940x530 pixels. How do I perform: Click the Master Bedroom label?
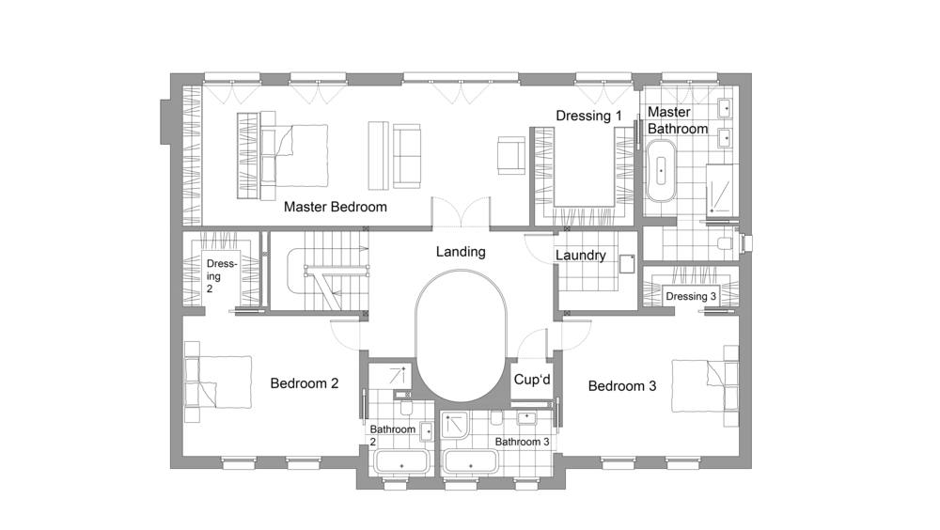[336, 207]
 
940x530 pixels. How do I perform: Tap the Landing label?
[461, 252]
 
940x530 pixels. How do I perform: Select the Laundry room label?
[580, 256]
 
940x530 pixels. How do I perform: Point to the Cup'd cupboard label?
[532, 380]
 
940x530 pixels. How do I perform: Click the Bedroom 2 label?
[305, 383]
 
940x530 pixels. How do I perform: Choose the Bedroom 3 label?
[622, 386]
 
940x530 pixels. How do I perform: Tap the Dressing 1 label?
[588, 116]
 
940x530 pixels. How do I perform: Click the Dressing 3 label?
[691, 296]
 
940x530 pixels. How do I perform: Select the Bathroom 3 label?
[522, 442]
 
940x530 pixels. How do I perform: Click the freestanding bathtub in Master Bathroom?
[661, 171]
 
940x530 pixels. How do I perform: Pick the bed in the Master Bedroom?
[283, 155]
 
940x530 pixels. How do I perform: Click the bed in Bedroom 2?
[218, 382]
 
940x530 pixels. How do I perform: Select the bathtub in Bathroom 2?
[401, 463]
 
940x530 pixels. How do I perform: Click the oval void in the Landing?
[461, 335]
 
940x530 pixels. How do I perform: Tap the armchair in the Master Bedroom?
[510, 155]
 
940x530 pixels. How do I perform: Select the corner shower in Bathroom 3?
[455, 426]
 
